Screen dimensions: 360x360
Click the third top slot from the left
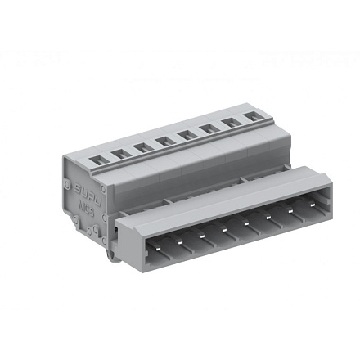142,147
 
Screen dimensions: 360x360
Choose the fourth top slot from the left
163,143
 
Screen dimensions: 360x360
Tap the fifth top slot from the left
186,137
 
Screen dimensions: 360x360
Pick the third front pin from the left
200,232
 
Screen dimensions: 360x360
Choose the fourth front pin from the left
223,228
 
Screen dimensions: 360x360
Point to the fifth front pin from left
245,223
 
